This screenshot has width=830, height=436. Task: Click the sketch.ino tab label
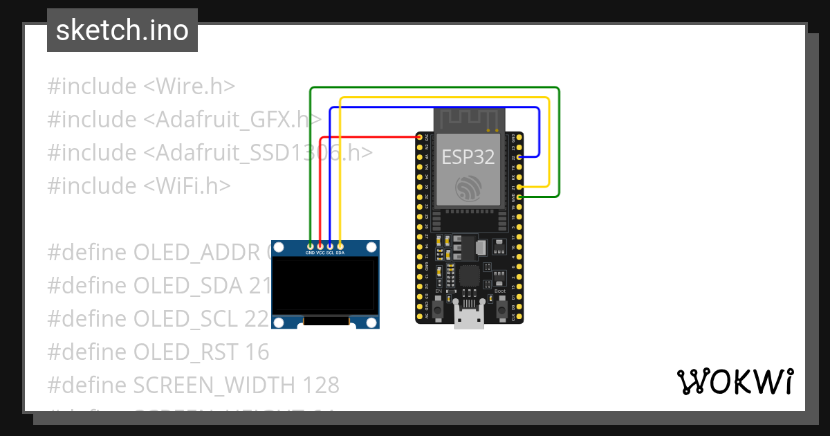[122, 30]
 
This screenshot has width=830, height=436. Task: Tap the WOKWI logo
[735, 381]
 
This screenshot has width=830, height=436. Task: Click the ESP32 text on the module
[468, 157]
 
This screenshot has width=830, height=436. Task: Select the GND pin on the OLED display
[311, 246]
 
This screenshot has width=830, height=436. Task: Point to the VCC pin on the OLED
[320, 246]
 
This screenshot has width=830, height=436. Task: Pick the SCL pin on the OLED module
[330, 246]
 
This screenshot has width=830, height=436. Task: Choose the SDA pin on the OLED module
[340, 246]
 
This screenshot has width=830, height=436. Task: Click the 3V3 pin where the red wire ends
[420, 138]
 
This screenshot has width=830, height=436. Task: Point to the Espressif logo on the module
[468, 188]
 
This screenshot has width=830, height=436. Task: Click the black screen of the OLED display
[325, 285]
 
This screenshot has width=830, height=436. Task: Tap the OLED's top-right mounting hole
[372, 247]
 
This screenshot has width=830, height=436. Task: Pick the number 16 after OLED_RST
[256, 352]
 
